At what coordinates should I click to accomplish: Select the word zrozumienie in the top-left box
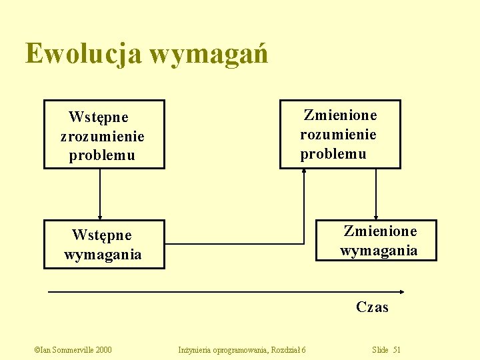102,137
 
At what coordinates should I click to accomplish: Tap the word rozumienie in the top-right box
338,135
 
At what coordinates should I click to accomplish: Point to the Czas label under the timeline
372,307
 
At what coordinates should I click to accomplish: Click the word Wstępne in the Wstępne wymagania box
102,235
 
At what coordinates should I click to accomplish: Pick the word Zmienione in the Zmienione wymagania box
380,231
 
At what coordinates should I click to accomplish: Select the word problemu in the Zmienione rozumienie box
333,154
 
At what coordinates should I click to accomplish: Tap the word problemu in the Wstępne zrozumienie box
102,156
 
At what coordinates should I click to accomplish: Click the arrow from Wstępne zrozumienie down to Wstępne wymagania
100,193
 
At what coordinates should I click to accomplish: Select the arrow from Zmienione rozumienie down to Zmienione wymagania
376,193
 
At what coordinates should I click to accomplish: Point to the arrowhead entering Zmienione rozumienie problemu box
304,171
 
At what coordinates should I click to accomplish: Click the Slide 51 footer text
387,350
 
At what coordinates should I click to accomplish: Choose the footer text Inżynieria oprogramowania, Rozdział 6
243,350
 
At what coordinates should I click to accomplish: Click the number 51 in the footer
397,350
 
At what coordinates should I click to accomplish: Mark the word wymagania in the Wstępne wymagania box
103,255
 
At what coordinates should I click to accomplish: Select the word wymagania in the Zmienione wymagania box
379,251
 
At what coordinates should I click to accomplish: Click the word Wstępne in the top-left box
99,118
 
